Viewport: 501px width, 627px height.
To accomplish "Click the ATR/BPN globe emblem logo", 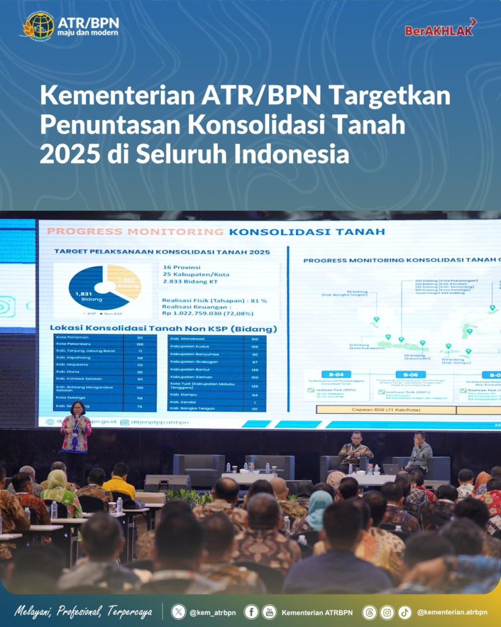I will (38, 25).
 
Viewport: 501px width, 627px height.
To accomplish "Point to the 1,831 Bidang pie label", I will (84, 296).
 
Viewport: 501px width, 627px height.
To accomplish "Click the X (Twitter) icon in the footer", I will (178, 611).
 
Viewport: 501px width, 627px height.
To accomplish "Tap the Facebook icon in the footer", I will (251, 611).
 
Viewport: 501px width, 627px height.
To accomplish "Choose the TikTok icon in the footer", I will (404, 611).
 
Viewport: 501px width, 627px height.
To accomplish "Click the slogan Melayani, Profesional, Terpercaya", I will (83, 611).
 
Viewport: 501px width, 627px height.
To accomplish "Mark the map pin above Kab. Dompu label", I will (448, 347).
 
